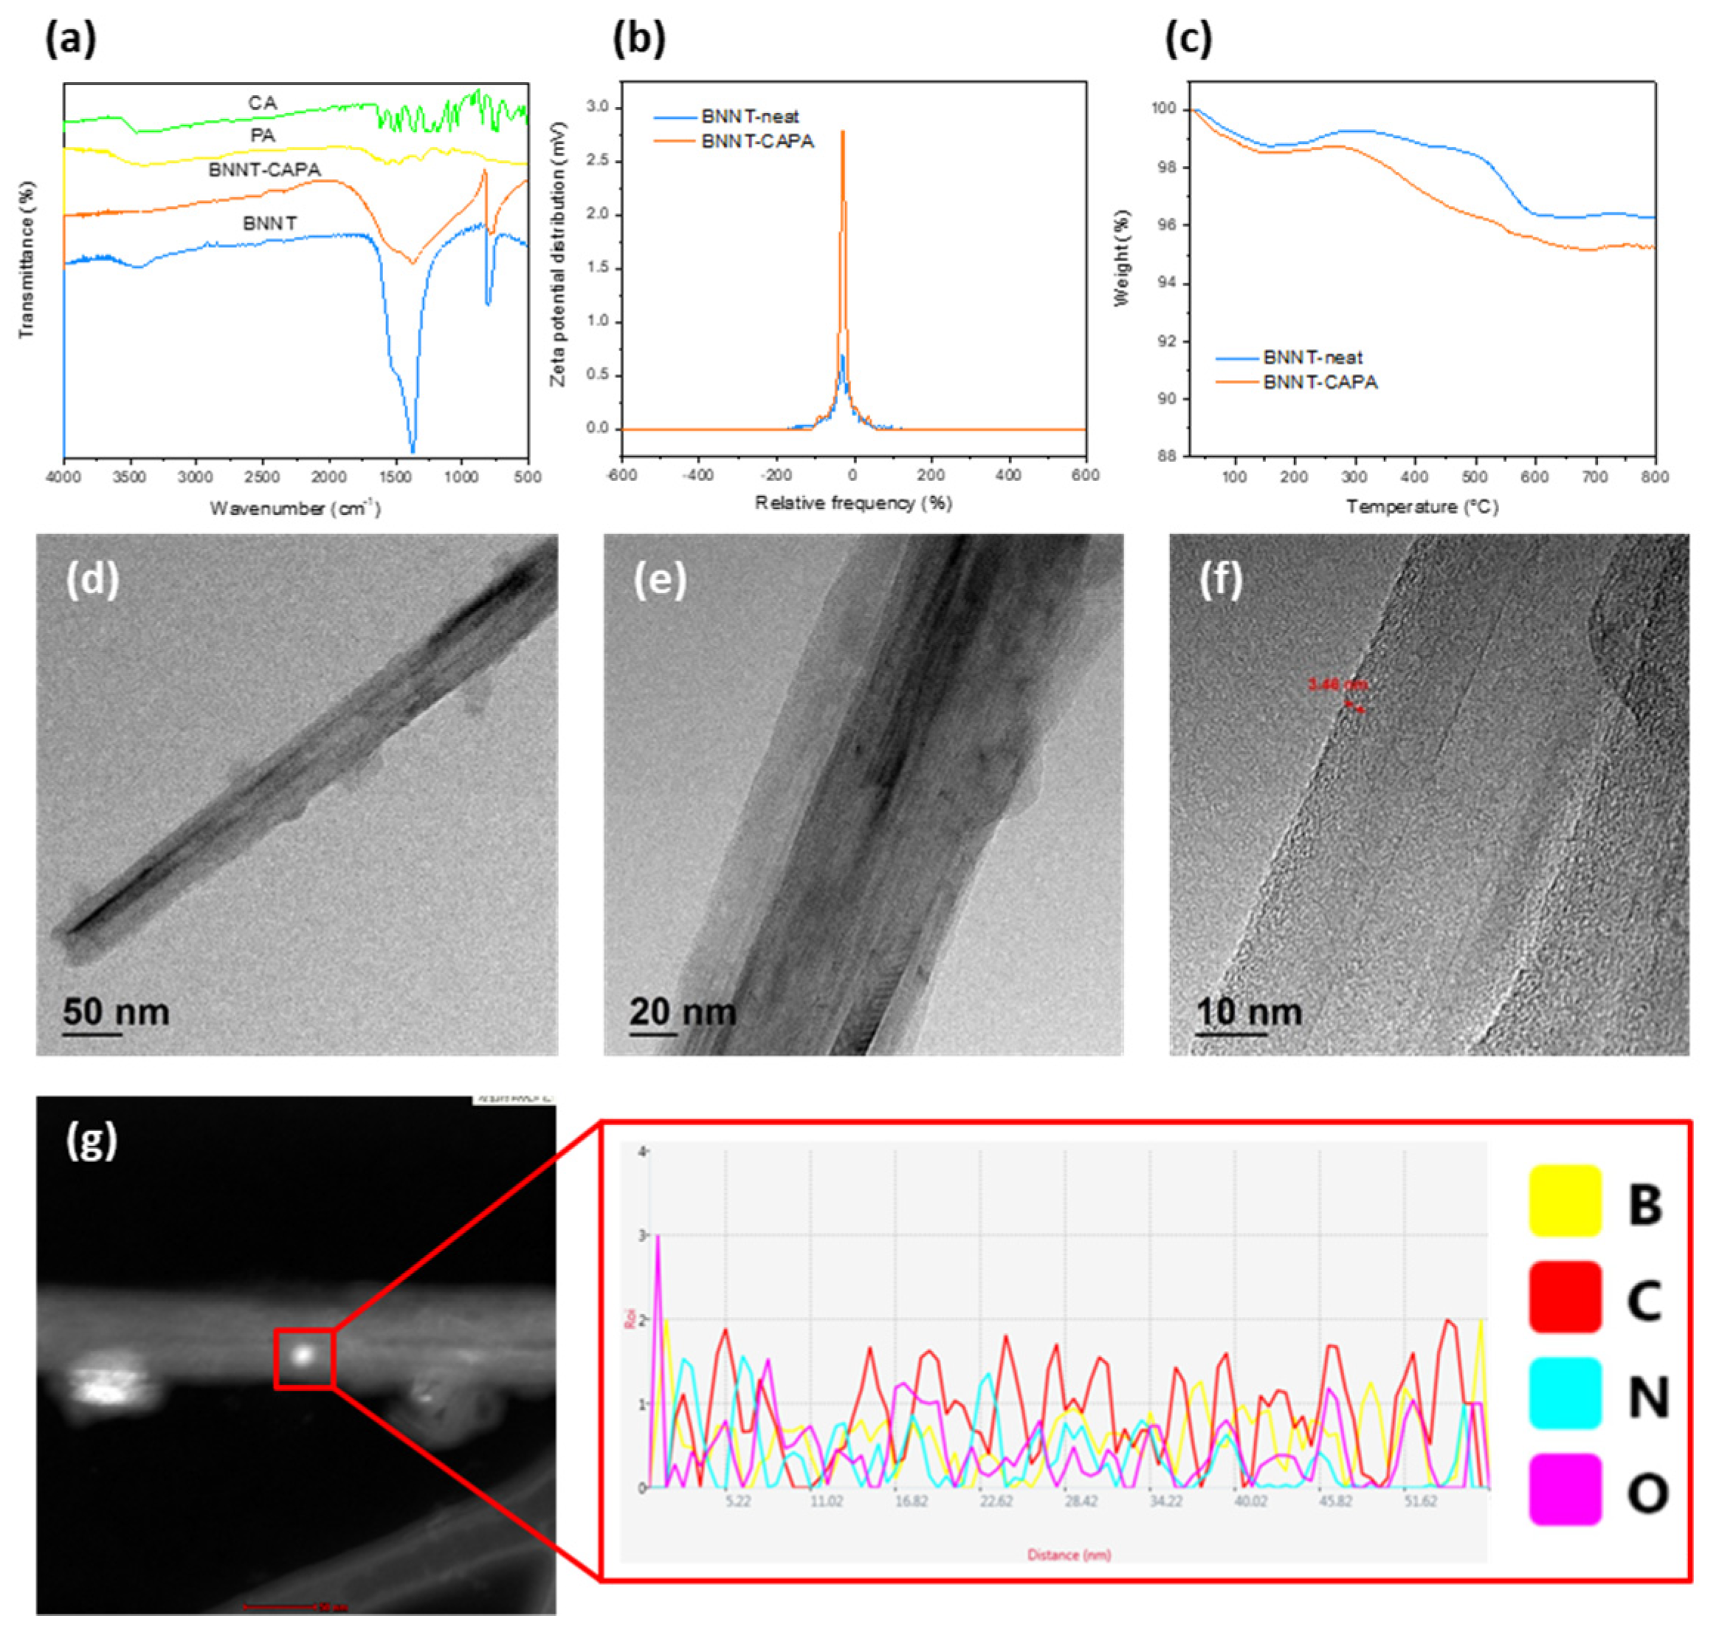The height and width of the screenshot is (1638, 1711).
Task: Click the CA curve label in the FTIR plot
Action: [x=262, y=103]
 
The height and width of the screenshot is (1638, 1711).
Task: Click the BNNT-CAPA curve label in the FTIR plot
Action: [x=264, y=169]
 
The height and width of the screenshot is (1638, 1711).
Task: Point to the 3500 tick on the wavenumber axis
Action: [x=130, y=477]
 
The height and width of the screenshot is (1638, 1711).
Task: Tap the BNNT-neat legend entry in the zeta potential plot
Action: [x=749, y=116]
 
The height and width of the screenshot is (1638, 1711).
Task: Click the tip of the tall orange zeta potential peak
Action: [x=842, y=132]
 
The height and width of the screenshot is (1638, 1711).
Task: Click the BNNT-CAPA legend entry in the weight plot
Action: [x=1320, y=382]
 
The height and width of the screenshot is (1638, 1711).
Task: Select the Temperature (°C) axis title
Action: [x=1422, y=506]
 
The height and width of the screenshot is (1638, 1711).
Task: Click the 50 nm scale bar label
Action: [x=116, y=1012]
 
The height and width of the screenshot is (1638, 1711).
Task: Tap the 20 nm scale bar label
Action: [x=683, y=1012]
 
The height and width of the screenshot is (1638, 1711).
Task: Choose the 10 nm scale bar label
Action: [x=1249, y=1012]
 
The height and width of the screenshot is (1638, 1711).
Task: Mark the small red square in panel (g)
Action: [x=304, y=1358]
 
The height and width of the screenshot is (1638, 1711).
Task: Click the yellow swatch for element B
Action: [x=1564, y=1200]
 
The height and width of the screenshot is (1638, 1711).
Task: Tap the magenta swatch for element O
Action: [x=1564, y=1489]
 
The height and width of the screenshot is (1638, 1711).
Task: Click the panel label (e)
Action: [x=660, y=578]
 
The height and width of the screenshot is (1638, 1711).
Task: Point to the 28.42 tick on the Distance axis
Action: [x=1081, y=1501]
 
